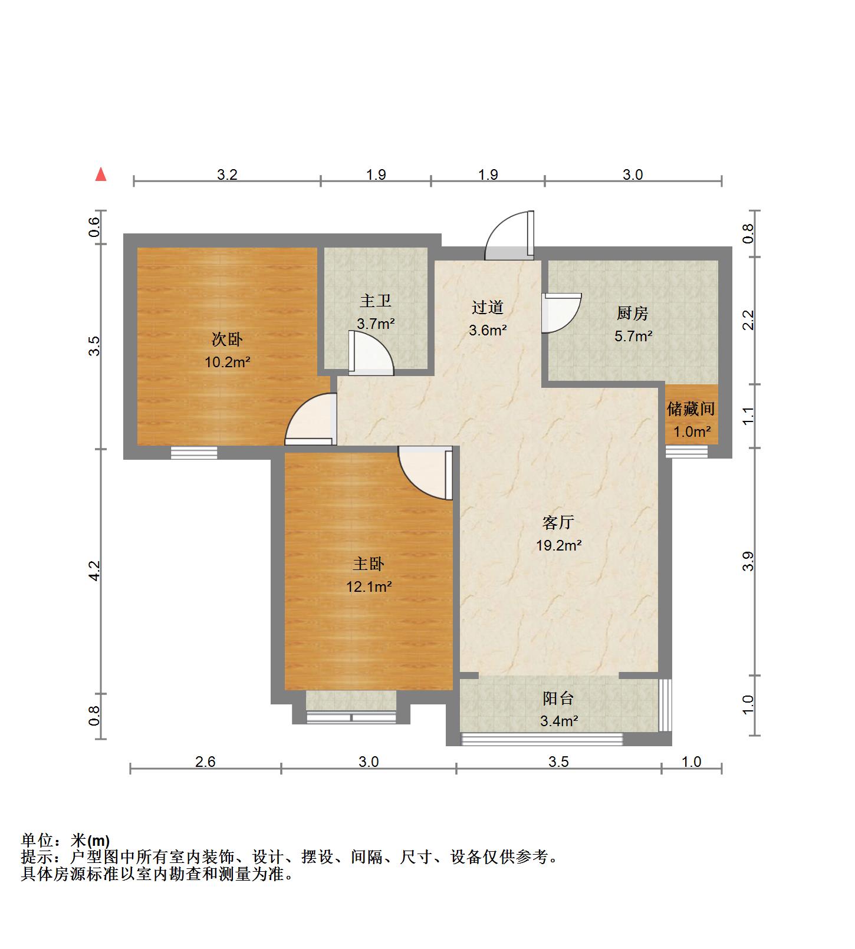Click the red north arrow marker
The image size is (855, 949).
pyautogui.click(x=101, y=174)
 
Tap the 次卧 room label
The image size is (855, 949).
pyautogui.click(x=227, y=340)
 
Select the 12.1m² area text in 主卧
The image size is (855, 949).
pyautogui.click(x=369, y=586)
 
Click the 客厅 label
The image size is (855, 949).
pyautogui.click(x=558, y=522)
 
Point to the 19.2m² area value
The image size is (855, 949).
pyautogui.click(x=558, y=546)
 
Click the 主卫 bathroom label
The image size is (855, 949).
pyautogui.click(x=376, y=301)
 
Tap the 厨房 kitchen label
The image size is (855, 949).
pyautogui.click(x=633, y=313)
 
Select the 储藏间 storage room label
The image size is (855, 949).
pyautogui.click(x=691, y=408)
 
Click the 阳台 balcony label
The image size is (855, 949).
pyautogui.click(x=558, y=698)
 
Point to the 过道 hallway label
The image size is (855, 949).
pyautogui.click(x=488, y=307)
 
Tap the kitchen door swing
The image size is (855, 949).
pyautogui.click(x=561, y=313)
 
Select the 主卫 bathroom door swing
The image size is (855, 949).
pyautogui.click(x=370, y=354)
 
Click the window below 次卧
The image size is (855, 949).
pyautogui.click(x=194, y=453)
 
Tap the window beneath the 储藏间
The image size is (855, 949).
pyautogui.click(x=687, y=452)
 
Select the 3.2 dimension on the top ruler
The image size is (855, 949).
pyautogui.click(x=227, y=174)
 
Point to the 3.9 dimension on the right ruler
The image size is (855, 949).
pyautogui.click(x=748, y=561)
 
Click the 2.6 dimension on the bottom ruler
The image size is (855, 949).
pyautogui.click(x=205, y=762)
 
